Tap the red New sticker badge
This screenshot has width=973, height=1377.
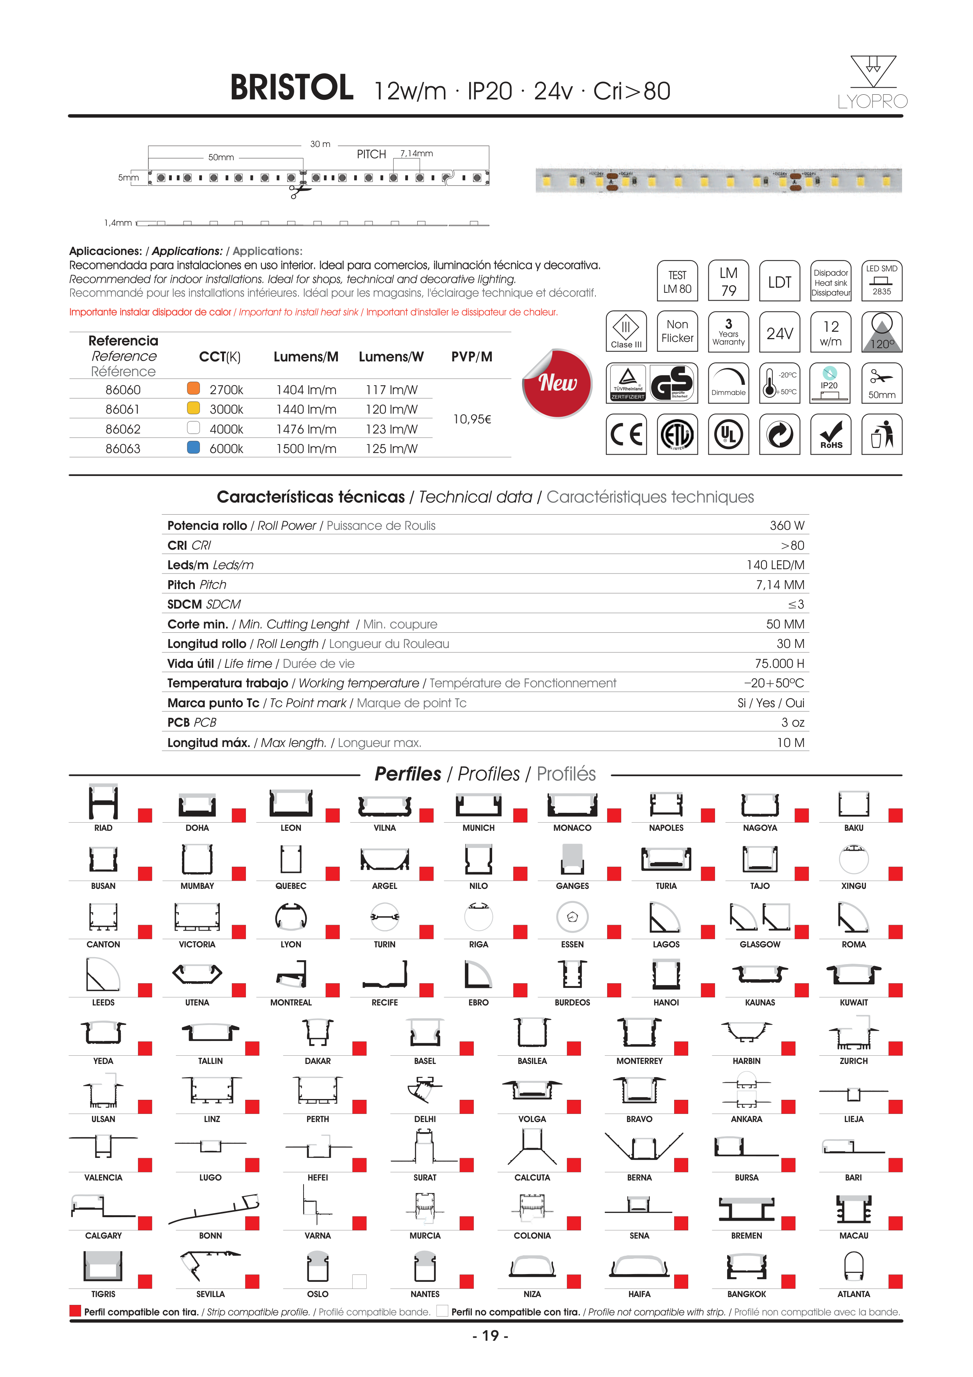[558, 382]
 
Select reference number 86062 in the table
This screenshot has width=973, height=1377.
[123, 429]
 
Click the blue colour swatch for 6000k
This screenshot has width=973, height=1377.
[193, 448]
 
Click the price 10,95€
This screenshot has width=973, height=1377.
[472, 419]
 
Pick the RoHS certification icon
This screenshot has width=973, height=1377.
[831, 434]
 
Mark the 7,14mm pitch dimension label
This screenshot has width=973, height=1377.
[416, 154]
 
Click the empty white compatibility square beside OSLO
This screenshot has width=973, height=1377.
[359, 1281]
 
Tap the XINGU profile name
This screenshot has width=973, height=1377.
[854, 886]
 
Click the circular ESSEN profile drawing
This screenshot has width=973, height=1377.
[572, 917]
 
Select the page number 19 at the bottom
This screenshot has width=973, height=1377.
[491, 1336]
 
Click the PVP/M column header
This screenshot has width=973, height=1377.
[472, 357]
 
